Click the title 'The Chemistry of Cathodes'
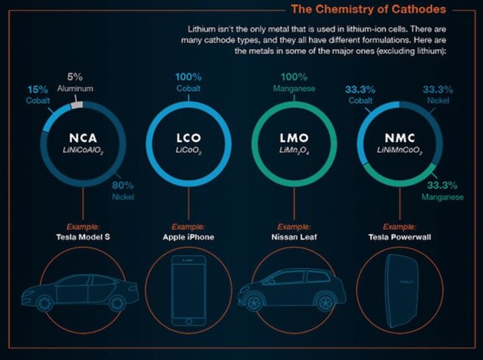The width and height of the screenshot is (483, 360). click(x=368, y=9)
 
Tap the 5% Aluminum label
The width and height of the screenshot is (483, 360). click(x=75, y=82)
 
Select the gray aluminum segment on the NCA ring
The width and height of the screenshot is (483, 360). click(x=77, y=104)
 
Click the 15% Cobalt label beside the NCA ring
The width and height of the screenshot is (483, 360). click(x=38, y=95)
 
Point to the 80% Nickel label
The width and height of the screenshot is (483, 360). click(x=123, y=191)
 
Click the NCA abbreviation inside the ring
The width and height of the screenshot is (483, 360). click(x=83, y=138)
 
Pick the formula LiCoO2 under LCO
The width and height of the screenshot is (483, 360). click(x=188, y=151)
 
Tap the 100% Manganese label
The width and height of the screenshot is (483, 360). click(x=294, y=82)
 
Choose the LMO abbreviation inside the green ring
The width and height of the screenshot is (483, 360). click(x=294, y=138)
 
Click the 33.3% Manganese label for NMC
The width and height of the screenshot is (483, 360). click(x=442, y=191)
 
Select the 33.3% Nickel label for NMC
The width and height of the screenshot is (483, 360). click(x=438, y=95)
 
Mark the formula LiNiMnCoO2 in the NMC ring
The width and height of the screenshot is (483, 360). click(x=400, y=150)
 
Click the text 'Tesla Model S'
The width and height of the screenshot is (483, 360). click(x=83, y=237)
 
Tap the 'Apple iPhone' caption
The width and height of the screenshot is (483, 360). click(x=188, y=237)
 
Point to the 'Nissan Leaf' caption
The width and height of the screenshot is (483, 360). click(x=294, y=237)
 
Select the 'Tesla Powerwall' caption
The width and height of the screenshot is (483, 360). click(x=400, y=237)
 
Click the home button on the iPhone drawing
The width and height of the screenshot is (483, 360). click(x=188, y=321)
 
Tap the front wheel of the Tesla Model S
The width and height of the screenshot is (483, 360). click(x=44, y=303)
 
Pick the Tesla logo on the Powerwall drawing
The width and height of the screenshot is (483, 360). click(x=406, y=282)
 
